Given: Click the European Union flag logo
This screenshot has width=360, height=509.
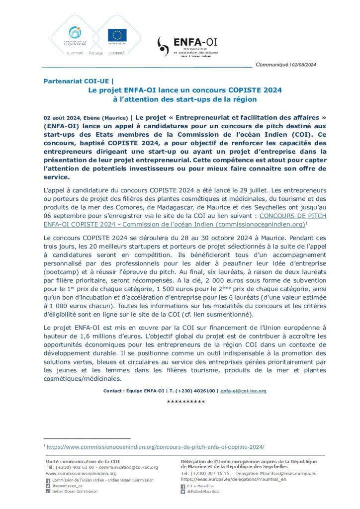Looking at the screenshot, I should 117,35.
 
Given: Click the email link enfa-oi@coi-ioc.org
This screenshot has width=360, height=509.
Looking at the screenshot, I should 243,391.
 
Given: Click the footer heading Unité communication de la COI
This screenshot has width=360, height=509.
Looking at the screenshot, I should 87,462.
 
